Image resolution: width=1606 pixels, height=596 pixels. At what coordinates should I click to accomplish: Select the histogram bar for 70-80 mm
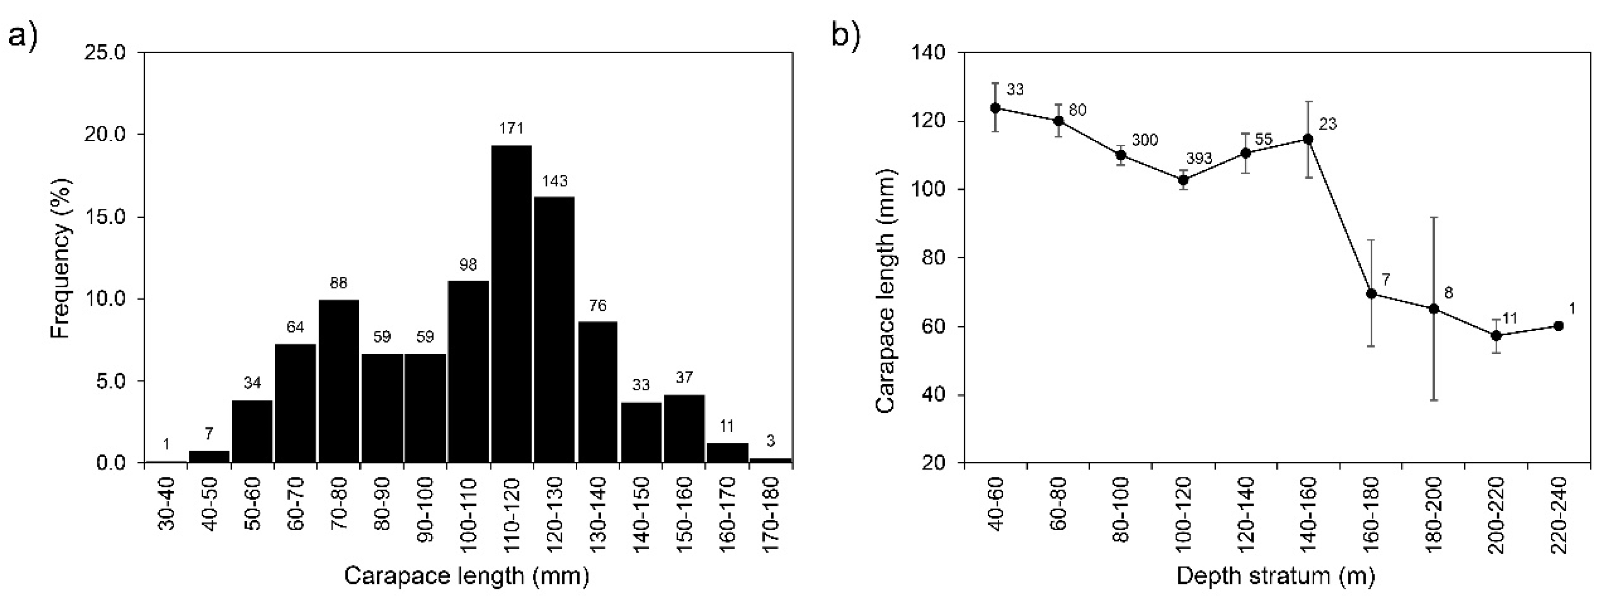338,381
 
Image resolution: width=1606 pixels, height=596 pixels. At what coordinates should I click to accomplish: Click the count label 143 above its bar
554,181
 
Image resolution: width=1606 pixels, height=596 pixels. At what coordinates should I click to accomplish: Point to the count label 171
511,129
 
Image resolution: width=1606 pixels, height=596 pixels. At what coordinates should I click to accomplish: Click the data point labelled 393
1183,180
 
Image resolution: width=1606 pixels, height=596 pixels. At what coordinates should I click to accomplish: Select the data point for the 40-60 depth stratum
995,108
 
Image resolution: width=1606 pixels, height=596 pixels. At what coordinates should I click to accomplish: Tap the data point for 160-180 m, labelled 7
1371,293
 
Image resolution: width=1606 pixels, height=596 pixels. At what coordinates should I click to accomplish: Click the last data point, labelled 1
1558,326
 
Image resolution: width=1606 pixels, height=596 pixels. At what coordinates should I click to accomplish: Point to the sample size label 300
1145,141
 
